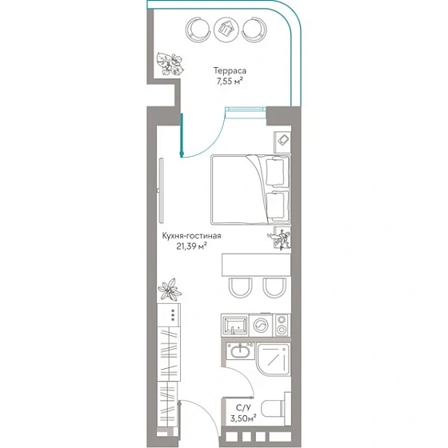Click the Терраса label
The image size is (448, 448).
pos(230,70)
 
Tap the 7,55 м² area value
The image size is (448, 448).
pos(230,82)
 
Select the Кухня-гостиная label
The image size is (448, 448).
pos(191,236)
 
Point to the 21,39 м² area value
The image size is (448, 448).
pos(191,246)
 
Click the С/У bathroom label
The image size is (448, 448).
pos(243,407)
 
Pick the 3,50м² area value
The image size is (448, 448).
pos(243,418)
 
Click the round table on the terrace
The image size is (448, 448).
pos(226,30)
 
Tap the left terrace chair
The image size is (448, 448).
pos(198,30)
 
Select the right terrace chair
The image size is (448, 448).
pos(254,30)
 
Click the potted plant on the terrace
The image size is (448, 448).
pos(170,64)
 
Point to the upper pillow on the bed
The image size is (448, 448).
pos(275,172)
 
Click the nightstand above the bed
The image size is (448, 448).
pos(282,142)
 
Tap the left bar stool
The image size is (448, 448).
pos(240,288)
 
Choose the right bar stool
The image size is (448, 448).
pos(274,288)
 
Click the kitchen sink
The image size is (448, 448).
pos(235,325)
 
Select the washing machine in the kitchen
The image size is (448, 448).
pos(261,326)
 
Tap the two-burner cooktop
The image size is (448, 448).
pos(282,325)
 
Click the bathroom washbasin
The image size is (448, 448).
pos(240,351)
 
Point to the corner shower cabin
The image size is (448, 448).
pos(274,359)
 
